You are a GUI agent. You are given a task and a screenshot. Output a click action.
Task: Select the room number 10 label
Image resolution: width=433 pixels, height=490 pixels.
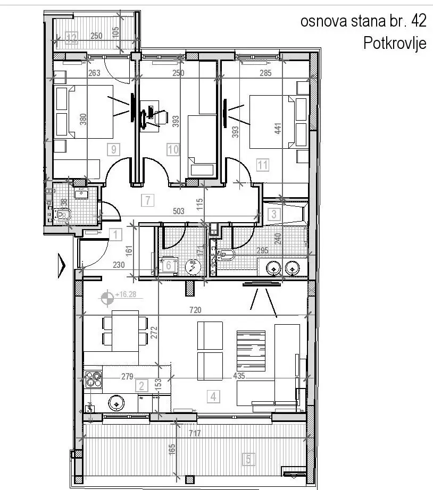point(173,149)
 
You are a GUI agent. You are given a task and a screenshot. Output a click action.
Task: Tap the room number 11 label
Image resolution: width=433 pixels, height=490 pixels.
point(262,165)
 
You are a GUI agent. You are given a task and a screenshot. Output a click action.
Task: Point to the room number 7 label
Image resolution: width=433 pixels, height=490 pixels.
point(147,200)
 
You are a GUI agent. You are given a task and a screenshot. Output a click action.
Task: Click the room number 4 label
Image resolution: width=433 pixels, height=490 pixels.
point(213,396)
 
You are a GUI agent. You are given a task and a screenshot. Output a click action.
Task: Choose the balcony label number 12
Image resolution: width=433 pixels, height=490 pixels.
point(72,37)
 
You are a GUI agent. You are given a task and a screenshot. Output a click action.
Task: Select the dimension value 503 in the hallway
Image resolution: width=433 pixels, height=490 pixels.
point(178,212)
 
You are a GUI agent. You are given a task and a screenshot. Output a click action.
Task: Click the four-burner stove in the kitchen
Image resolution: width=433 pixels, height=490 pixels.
point(94,379)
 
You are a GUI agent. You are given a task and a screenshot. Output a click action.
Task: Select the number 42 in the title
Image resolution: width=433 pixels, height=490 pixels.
point(419,21)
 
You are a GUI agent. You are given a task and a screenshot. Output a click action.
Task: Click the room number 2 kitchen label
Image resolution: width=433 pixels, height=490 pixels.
point(141,385)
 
